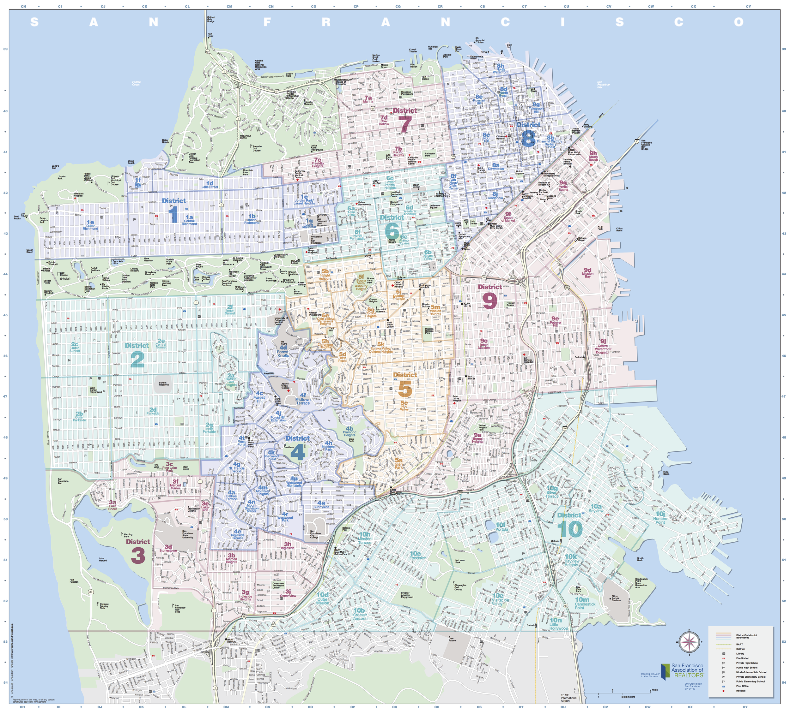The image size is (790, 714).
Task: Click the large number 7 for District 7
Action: [x=405, y=124]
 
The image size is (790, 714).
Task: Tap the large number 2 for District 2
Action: [x=137, y=359]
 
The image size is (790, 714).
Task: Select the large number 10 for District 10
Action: [x=569, y=530]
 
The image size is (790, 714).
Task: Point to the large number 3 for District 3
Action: [x=138, y=556]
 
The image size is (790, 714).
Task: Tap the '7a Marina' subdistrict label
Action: [x=368, y=99]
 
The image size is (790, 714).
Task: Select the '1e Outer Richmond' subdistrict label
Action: [x=90, y=225]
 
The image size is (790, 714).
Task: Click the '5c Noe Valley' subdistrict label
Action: [x=404, y=406]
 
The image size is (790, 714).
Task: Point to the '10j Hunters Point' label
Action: [x=660, y=517]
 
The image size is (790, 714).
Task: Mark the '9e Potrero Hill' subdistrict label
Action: [x=555, y=321]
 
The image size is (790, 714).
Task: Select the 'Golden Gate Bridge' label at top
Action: [x=211, y=19]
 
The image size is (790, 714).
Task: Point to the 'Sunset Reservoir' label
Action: [x=164, y=384]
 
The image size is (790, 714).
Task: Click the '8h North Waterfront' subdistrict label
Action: [x=501, y=68]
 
